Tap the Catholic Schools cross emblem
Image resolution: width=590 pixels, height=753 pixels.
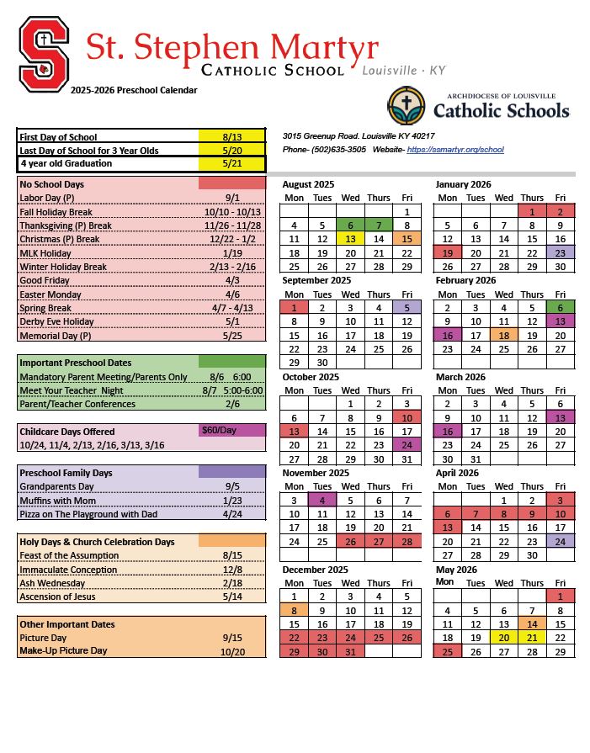[406, 106]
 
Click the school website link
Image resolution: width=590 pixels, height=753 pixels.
[454, 149]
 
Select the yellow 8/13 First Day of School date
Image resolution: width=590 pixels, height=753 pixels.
[231, 136]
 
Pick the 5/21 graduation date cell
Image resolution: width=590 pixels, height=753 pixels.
[231, 164]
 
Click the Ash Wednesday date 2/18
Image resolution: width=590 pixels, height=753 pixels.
[231, 583]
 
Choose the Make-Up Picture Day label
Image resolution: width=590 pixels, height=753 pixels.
[63, 651]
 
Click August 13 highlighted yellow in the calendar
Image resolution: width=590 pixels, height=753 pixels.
[350, 239]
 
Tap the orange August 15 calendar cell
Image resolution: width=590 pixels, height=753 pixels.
[407, 239]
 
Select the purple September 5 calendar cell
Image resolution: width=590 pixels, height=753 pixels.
[407, 308]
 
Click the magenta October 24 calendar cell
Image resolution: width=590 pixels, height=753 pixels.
[407, 445]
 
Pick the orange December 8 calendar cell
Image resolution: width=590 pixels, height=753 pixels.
[294, 610]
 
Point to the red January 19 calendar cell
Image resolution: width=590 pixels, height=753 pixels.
[448, 253]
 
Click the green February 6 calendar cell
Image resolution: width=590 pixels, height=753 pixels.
[560, 308]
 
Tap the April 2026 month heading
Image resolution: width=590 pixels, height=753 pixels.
[458, 473]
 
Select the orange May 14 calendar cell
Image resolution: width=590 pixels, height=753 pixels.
[532, 623]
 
